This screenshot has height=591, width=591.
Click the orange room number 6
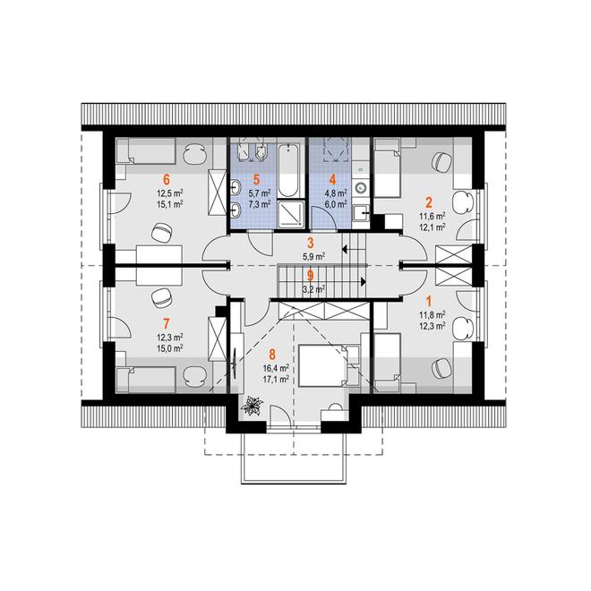[x=166, y=179]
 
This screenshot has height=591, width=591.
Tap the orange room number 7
[x=167, y=323]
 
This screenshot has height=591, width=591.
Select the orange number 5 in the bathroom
[x=257, y=179]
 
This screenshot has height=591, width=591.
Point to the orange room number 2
[x=429, y=202]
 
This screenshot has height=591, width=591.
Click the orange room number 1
[x=429, y=301]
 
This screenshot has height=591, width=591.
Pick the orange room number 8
[x=272, y=354]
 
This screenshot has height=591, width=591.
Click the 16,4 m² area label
[x=277, y=367]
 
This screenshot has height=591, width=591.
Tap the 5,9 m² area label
[x=313, y=256]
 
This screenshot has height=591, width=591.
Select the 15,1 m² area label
[x=169, y=204]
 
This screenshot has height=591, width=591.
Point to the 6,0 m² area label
[x=336, y=204]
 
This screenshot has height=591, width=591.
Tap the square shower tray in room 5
[x=291, y=214]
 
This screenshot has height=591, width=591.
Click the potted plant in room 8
[x=252, y=406]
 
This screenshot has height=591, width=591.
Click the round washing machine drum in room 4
[x=361, y=186]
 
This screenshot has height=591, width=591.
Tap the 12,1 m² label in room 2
[x=433, y=227]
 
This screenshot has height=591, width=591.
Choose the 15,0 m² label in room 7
[x=169, y=348]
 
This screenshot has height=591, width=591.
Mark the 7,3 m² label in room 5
[x=260, y=204]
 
